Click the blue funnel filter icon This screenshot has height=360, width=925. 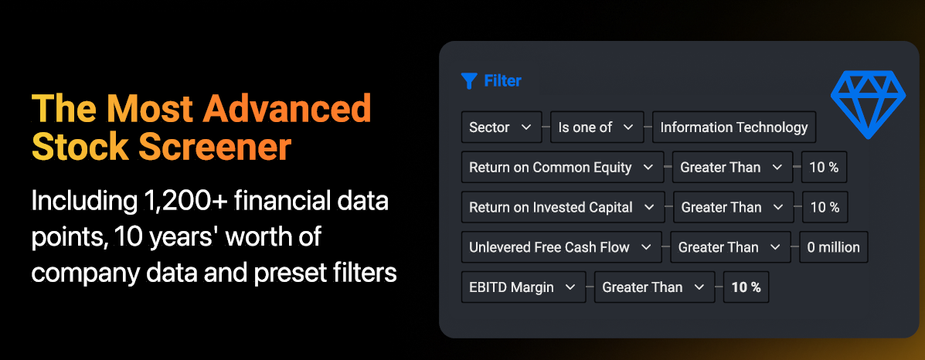(x=469, y=81)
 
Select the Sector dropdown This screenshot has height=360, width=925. (x=502, y=127)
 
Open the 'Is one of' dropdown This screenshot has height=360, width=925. (x=597, y=127)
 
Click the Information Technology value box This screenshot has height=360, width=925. (x=734, y=127)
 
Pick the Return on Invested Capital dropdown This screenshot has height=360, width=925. (x=563, y=208)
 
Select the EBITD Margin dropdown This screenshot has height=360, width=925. (x=523, y=287)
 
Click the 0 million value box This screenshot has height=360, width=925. (x=834, y=247)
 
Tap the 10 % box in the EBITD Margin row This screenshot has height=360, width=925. (x=746, y=287)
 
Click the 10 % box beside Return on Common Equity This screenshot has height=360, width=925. (x=824, y=168)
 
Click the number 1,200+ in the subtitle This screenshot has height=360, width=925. (x=185, y=202)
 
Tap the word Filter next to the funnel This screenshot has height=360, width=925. (x=502, y=81)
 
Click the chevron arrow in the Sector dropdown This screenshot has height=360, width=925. (x=526, y=127)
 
